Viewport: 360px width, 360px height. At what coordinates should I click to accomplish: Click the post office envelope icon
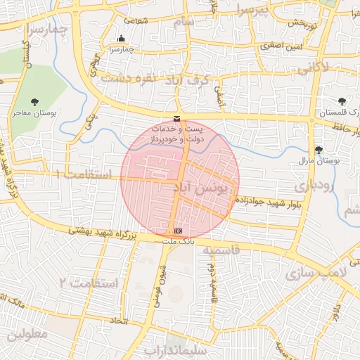point(176,118)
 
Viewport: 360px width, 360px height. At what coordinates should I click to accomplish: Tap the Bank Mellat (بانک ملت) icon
point(177,231)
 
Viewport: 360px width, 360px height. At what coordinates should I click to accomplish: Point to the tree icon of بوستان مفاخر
point(36,101)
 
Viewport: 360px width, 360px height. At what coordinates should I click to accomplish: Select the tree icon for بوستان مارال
point(319,150)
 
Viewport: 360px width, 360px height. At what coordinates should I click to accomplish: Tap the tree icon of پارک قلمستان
point(342,101)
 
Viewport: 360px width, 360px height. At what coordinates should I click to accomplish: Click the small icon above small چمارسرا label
point(122,39)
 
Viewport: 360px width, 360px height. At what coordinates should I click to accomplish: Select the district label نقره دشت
point(127,78)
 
